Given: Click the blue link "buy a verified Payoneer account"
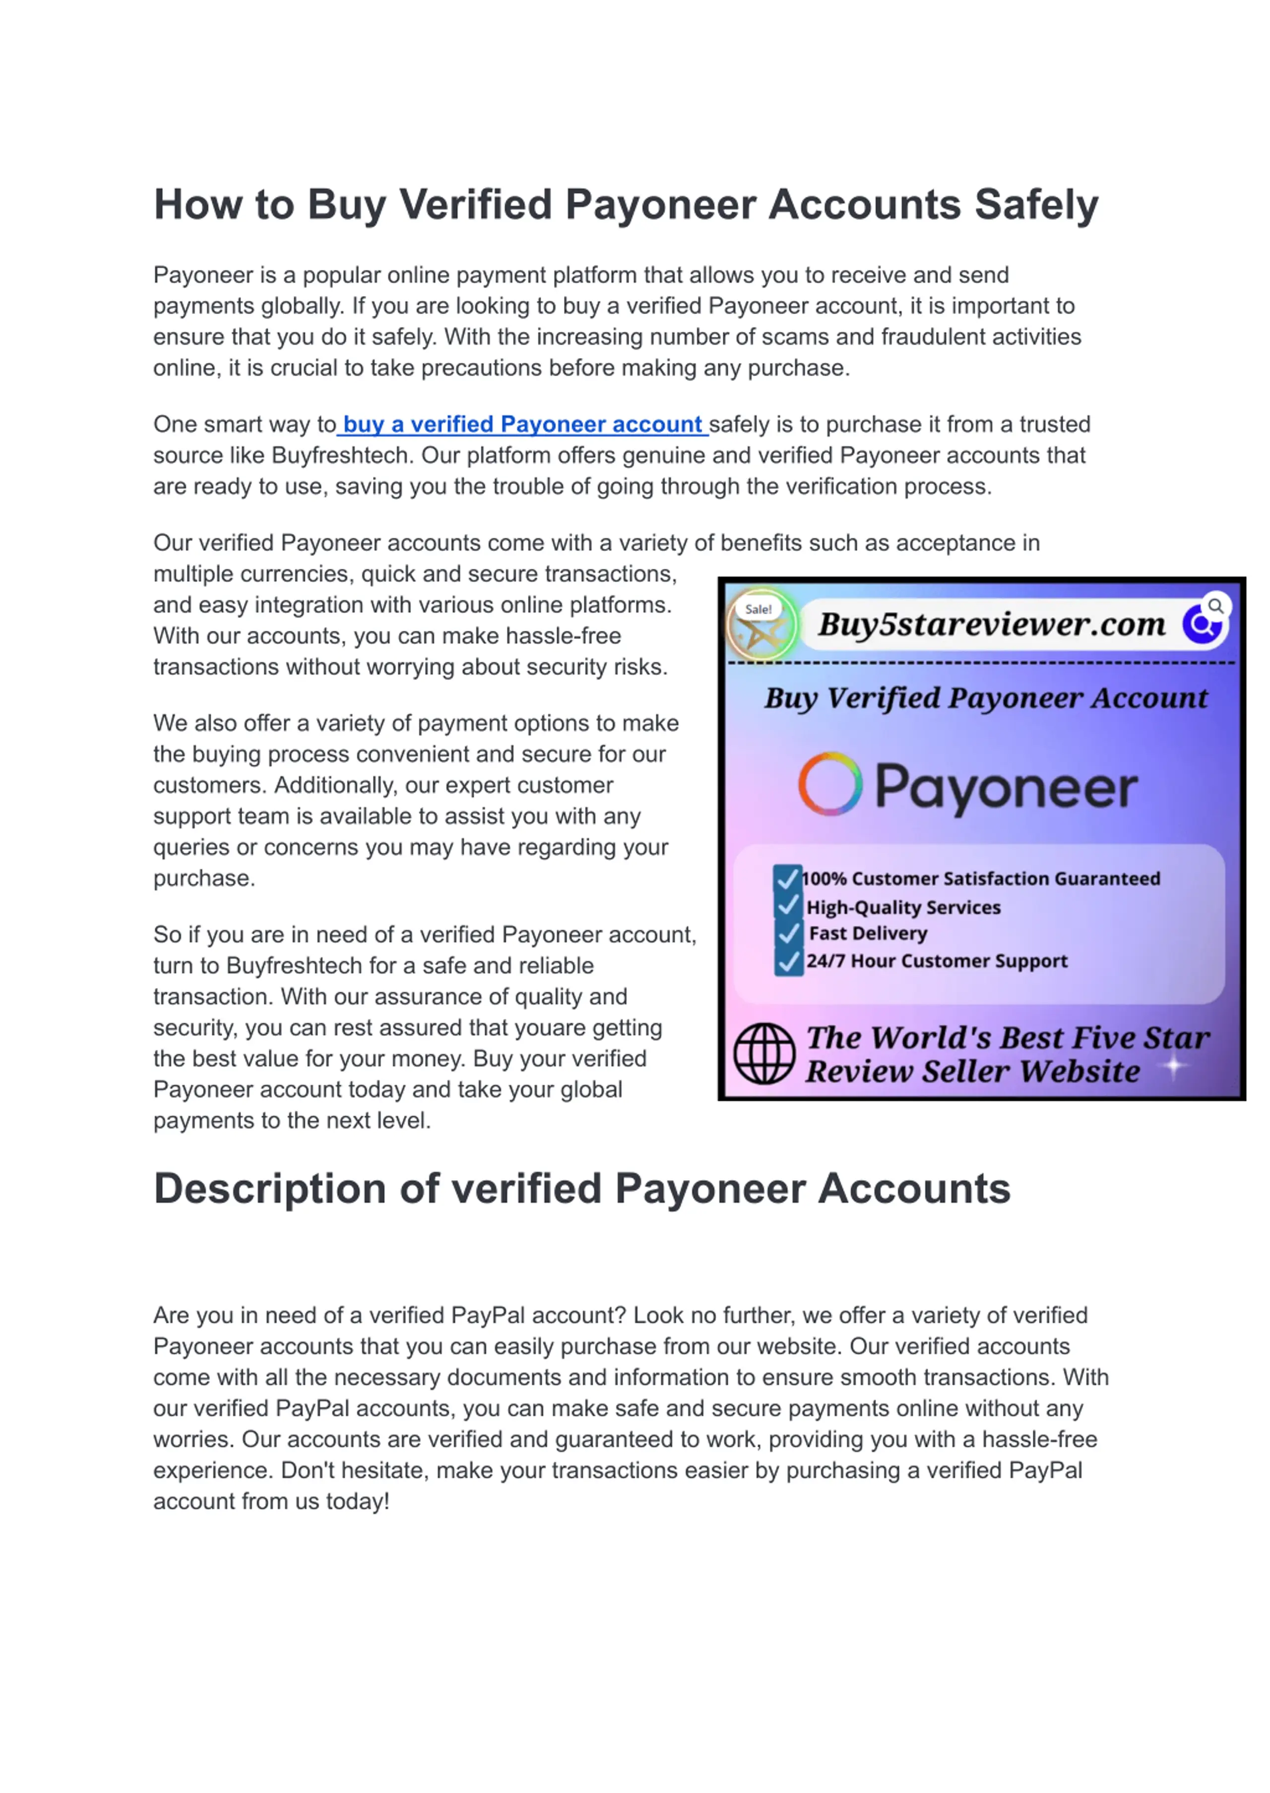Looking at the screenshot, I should coord(522,425).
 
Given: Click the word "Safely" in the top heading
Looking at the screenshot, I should coord(1036,205).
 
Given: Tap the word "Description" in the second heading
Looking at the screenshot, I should coord(269,1189).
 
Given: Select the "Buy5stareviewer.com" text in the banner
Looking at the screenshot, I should coord(992,624).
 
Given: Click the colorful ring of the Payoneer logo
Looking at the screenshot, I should coord(830,784).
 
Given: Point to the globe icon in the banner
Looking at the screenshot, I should coord(764,1053).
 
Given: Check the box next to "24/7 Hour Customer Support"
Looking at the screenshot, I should coord(788,961).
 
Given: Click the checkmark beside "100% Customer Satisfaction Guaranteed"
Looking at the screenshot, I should coord(787,878).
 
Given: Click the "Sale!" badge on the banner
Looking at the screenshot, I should coord(758,609).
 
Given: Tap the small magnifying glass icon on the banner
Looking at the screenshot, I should coord(1215,606).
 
